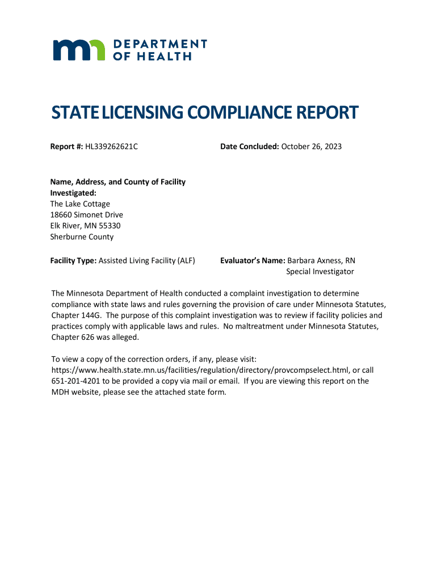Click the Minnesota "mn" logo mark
click(x=79, y=50)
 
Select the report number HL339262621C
click(x=112, y=147)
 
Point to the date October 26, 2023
click(x=312, y=147)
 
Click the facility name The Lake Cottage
click(x=80, y=204)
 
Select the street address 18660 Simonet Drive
click(x=86, y=215)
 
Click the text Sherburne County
click(x=82, y=237)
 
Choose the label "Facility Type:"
click(x=73, y=260)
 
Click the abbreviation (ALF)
click(x=186, y=260)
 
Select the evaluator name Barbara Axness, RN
click(x=321, y=260)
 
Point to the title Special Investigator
click(x=320, y=272)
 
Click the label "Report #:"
click(x=66, y=147)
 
